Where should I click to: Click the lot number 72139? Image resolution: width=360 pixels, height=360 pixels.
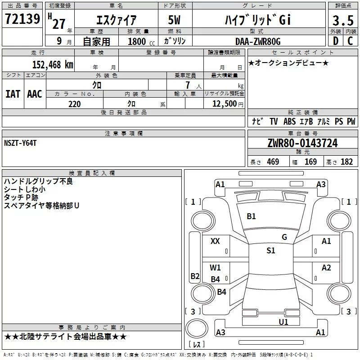22,18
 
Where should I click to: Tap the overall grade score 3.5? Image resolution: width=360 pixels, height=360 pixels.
343,20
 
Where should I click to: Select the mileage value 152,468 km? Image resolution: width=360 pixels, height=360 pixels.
53,64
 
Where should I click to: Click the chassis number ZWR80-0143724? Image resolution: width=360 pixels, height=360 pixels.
302,143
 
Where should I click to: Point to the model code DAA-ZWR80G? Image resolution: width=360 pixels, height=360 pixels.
258,41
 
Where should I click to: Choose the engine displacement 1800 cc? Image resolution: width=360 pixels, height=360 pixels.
141,41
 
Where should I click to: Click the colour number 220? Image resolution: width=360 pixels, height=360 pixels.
75,104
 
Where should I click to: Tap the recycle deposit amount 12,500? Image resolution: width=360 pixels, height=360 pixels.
224,104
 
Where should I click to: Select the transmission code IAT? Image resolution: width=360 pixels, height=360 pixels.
13,94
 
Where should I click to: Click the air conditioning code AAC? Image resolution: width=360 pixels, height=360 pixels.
35,94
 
